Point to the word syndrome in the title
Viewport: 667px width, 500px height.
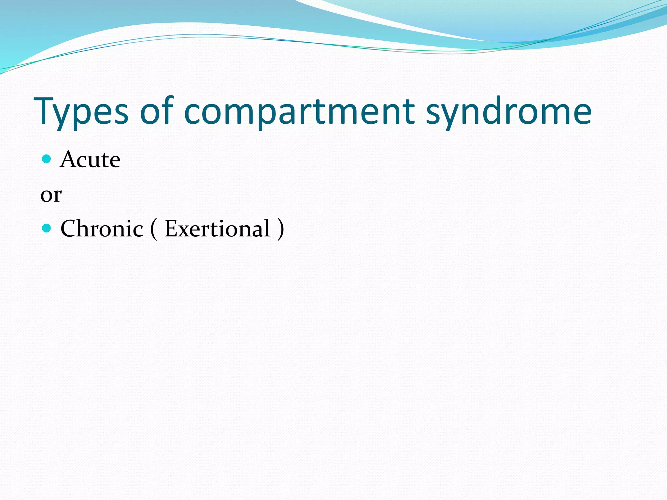click(508, 112)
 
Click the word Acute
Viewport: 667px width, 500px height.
click(90, 160)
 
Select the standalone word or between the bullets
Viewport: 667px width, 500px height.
click(51, 195)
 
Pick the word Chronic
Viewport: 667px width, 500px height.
click(102, 229)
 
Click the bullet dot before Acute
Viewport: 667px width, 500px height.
click(47, 159)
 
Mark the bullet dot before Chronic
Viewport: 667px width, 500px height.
click(47, 228)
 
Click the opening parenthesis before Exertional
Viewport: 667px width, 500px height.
click(154, 229)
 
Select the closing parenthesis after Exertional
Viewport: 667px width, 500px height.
click(280, 229)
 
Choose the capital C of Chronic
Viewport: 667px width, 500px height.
click(70, 229)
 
